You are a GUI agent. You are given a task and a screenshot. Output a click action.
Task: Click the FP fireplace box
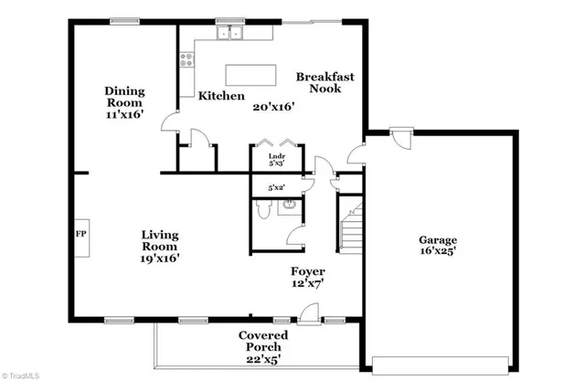80,233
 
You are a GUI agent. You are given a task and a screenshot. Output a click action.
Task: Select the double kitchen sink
229,35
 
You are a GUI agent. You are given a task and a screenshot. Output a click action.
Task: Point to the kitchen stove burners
187,60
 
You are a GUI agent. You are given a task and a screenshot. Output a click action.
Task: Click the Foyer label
308,271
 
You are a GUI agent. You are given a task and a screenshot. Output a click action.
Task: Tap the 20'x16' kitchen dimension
274,106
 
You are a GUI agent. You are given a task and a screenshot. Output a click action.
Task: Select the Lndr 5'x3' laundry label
277,160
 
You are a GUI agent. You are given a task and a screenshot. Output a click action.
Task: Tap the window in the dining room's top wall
124,21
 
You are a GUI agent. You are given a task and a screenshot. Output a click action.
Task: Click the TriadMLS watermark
22,374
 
